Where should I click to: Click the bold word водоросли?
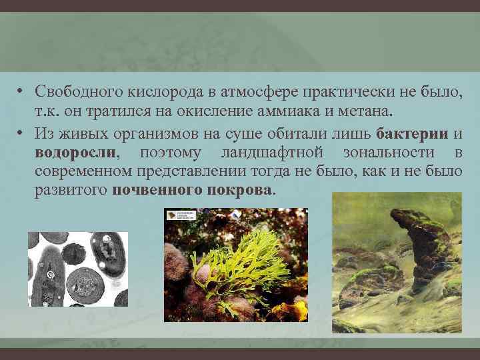[75, 152]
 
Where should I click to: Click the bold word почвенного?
[155, 189]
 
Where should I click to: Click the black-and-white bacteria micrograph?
[77, 269]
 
